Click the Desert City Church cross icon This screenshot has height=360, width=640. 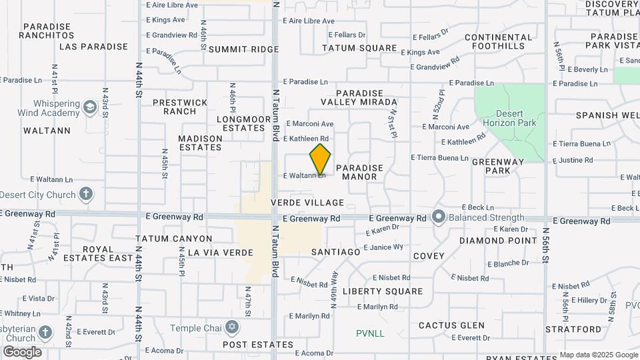85,195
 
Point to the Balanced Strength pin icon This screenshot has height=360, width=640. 438,217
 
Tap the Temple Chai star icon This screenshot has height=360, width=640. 231,327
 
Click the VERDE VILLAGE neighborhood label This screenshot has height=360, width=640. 307,203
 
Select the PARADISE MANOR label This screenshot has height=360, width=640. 360,172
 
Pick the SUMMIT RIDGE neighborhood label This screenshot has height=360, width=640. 234,49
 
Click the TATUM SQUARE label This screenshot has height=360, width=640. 359,49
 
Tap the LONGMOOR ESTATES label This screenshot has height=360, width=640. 241,123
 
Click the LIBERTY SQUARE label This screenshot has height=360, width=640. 383,291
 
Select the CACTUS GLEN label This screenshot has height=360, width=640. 451,325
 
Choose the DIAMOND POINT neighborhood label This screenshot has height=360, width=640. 497,241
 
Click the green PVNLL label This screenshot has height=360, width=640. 370,333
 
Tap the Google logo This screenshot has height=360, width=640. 22,352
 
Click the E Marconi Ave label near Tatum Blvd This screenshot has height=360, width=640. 309,124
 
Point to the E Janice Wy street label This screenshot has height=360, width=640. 386,247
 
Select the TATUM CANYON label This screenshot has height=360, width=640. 173,239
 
